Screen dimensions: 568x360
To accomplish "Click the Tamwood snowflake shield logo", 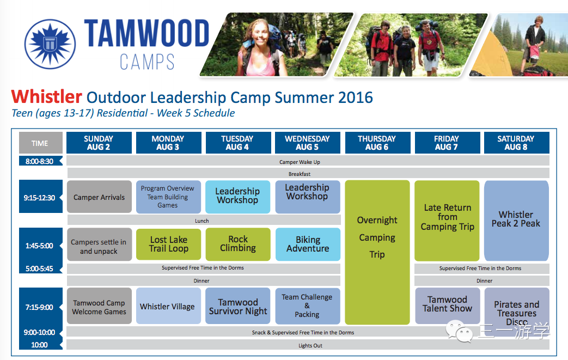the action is [50, 44].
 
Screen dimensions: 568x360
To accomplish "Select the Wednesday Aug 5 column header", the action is [308, 143].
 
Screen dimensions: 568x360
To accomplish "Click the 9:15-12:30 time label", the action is [40, 198].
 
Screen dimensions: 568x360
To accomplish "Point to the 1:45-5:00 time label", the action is [40, 246].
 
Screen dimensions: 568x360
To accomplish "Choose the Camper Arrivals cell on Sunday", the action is [99, 197].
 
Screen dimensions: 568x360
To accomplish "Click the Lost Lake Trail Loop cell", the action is [168, 244].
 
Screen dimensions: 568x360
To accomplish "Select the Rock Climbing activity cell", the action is [238, 244].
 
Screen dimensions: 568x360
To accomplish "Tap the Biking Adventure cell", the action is [308, 244].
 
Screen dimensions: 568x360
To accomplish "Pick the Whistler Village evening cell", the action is [168, 306].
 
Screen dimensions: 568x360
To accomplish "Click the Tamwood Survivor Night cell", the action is [238, 306].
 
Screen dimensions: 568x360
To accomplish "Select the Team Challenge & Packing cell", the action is [308, 306].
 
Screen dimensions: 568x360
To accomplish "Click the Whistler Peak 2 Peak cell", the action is [516, 221].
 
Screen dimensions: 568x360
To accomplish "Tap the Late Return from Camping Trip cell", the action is [447, 221].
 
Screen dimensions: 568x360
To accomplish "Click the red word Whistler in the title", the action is [47, 97].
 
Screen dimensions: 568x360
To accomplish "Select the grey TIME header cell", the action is [40, 143].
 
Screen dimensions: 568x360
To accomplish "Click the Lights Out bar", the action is [308, 345].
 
